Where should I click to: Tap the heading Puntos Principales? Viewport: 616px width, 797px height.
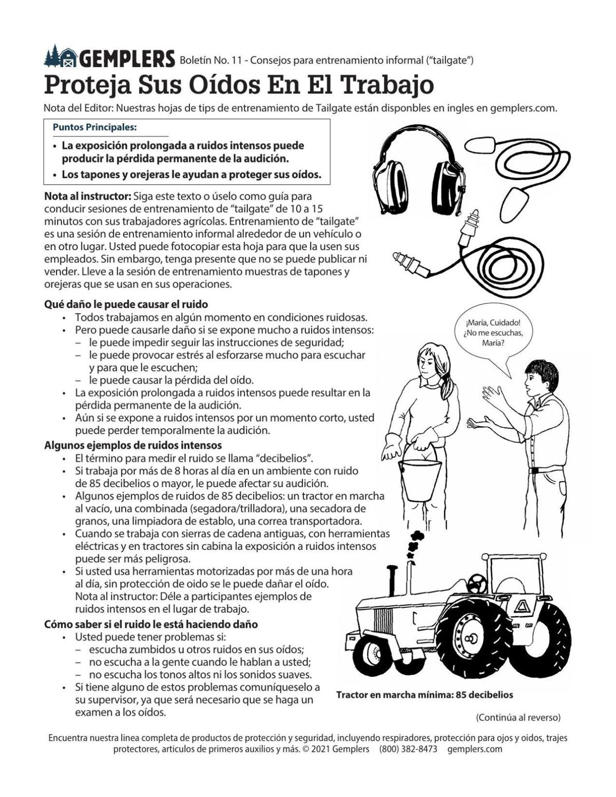tap(94, 127)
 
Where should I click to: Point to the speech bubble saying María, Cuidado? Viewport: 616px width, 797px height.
tap(492, 333)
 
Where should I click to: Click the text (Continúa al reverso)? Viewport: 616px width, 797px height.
tap(518, 717)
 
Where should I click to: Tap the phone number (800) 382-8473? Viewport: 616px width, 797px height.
tap(408, 749)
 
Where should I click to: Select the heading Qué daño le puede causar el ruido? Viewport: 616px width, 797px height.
tap(126, 305)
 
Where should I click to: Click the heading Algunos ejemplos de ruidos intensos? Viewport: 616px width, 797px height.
tap(133, 445)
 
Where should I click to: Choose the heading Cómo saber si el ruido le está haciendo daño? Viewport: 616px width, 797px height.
tap(151, 624)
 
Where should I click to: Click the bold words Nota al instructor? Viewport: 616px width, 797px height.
tap(88, 196)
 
